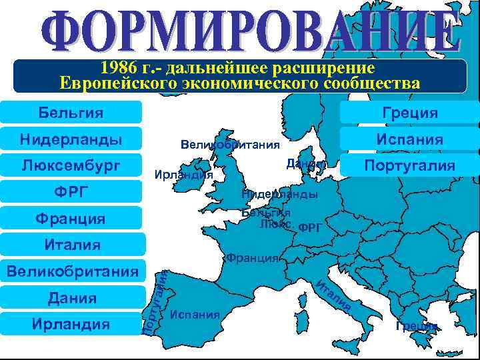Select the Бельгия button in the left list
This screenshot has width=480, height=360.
point(71,113)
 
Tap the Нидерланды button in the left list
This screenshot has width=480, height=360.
point(71,139)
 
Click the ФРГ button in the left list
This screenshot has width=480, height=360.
point(71,193)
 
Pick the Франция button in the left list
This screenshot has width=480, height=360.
point(71,219)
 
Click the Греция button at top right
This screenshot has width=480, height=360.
point(410,113)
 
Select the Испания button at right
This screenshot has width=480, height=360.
point(410,139)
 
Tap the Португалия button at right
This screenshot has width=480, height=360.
point(410,165)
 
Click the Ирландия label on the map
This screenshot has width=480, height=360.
point(183,175)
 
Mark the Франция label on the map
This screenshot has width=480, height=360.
point(252,257)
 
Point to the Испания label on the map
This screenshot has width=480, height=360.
point(195,313)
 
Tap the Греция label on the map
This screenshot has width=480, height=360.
point(417,326)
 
